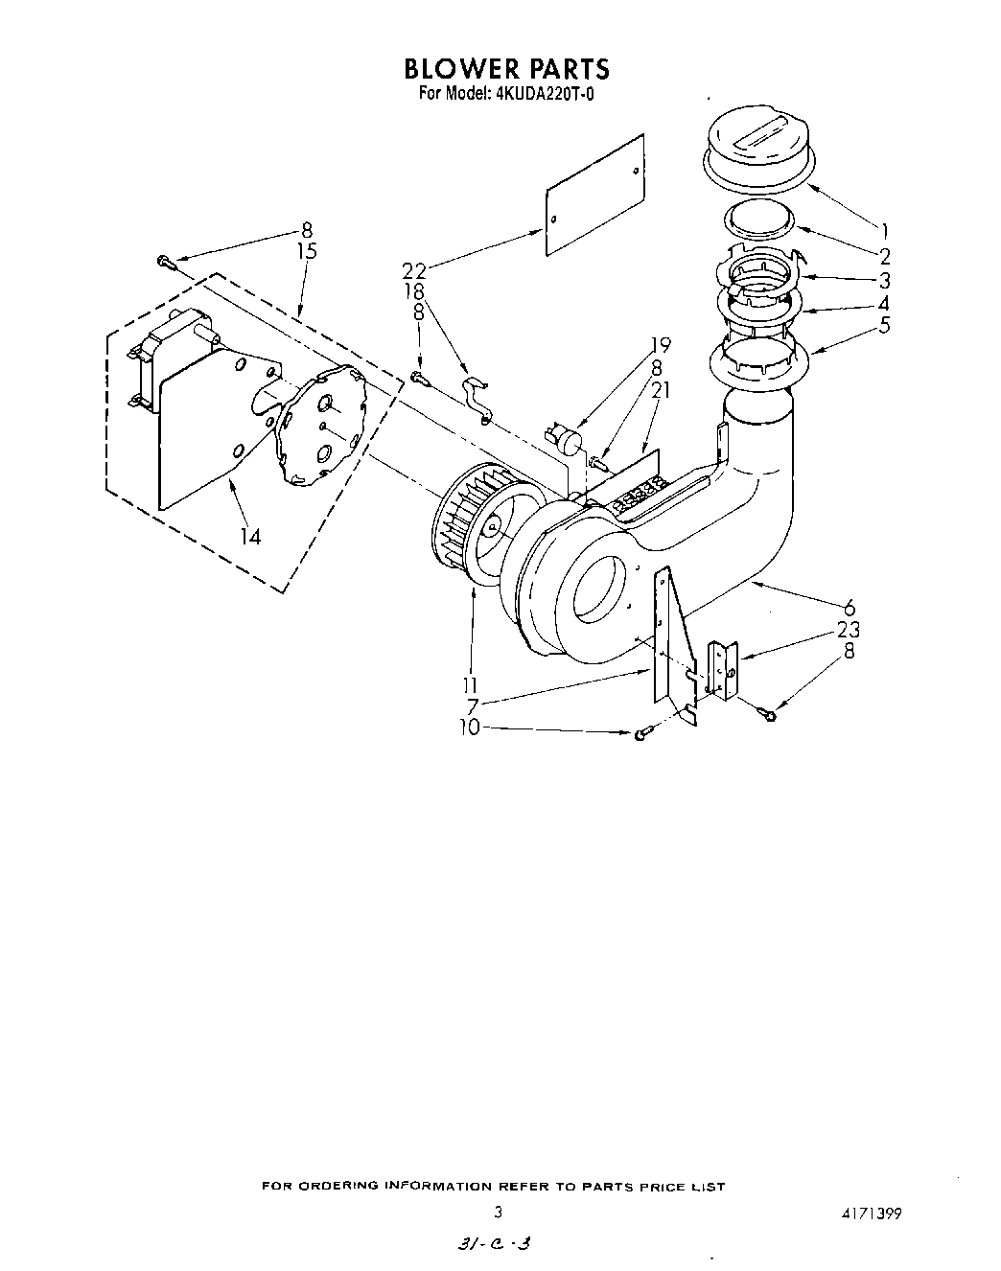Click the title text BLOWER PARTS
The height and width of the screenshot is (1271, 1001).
(x=506, y=69)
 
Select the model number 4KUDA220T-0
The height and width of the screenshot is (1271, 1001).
(x=545, y=94)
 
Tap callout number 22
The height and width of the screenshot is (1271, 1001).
(x=413, y=271)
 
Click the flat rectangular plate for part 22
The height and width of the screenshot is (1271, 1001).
(x=594, y=195)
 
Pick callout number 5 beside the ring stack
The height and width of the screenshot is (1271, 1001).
(x=884, y=325)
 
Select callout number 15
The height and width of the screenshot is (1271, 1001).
(x=307, y=251)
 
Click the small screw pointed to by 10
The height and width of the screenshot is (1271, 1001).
(x=641, y=733)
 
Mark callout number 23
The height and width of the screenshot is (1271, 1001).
(x=848, y=630)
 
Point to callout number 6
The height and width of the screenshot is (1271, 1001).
(x=849, y=608)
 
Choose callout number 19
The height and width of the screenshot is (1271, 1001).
(x=660, y=345)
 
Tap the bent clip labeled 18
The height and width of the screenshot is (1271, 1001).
(x=477, y=398)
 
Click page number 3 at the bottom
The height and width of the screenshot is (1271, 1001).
(x=497, y=1212)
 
